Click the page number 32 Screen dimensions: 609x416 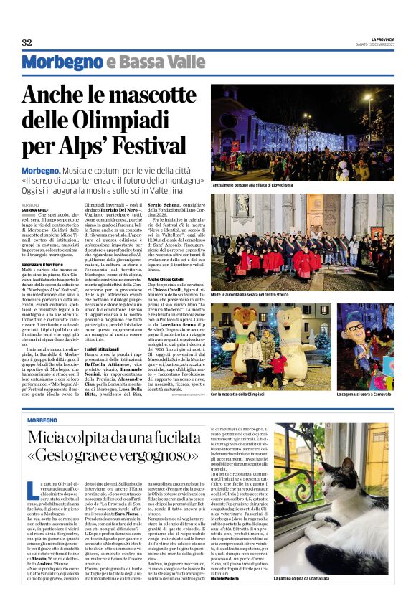pyautogui.click(x=27, y=42)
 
